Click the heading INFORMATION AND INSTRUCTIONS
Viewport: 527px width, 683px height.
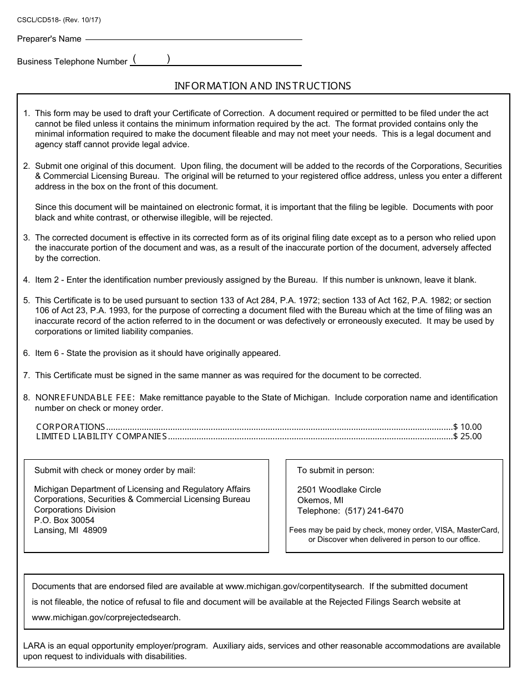(263, 86)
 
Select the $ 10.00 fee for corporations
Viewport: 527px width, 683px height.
(468, 427)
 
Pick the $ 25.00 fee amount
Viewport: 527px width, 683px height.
(468, 436)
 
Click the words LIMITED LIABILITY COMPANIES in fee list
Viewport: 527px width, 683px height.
(102, 436)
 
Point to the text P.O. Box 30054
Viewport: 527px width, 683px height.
(64, 520)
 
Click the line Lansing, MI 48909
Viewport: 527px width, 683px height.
(70, 530)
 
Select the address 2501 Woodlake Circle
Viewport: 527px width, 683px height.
(339, 490)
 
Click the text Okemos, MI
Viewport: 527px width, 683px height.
(320, 500)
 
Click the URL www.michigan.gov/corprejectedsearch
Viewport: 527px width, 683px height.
(106, 617)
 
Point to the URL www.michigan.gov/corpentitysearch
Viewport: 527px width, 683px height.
(295, 586)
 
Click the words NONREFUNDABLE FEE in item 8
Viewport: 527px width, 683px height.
(85, 398)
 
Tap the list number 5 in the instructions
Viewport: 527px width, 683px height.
(26, 300)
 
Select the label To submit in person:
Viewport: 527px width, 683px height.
(336, 470)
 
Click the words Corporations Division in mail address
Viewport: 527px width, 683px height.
(75, 510)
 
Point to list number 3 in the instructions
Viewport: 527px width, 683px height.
(26, 238)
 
